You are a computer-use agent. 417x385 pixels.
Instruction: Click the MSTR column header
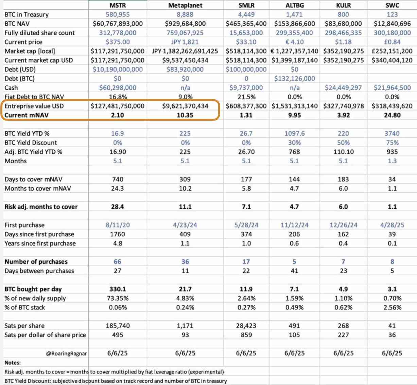click(118, 5)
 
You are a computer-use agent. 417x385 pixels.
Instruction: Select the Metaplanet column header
click(185, 5)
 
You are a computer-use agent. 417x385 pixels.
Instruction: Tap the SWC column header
click(392, 5)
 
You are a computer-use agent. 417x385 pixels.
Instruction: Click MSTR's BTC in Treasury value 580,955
click(118, 15)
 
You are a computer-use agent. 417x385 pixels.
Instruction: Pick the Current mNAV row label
click(27, 115)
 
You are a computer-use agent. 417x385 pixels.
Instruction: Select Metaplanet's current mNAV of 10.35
click(185, 115)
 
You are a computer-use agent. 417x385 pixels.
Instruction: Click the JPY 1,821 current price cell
click(185, 42)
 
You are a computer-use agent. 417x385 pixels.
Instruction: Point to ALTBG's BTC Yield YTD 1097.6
click(294, 134)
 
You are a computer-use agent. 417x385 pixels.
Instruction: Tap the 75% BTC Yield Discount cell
click(392, 143)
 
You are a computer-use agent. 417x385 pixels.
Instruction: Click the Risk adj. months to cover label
click(41, 207)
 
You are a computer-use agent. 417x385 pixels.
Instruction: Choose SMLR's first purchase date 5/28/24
click(246, 225)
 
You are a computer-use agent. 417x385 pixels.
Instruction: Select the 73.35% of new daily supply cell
click(118, 298)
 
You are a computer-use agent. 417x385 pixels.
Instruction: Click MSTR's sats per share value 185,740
click(118, 326)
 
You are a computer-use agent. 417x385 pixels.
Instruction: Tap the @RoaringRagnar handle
click(67, 353)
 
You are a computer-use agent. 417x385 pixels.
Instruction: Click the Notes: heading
click(13, 363)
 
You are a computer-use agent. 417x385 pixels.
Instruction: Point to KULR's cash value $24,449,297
click(343, 88)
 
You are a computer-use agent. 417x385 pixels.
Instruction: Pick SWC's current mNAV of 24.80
click(392, 115)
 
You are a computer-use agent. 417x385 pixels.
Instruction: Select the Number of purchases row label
click(36, 262)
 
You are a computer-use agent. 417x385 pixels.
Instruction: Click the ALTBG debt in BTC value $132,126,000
click(294, 79)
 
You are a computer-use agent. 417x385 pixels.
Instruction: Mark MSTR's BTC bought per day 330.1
click(118, 289)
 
